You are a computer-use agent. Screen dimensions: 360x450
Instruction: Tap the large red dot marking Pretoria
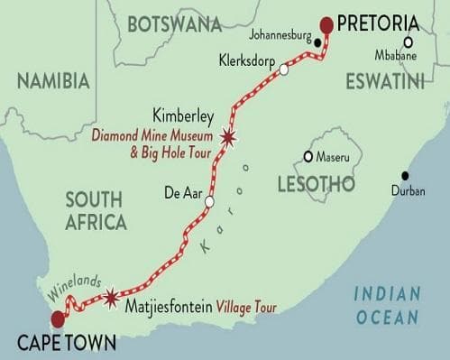327,24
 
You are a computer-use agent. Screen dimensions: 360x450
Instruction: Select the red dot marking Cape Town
59,318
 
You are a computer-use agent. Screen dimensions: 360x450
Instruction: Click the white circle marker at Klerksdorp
284,69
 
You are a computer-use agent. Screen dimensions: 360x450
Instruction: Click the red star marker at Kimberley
228,137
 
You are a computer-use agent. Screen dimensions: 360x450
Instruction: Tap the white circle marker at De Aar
209,202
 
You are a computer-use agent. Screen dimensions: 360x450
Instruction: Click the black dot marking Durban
405,175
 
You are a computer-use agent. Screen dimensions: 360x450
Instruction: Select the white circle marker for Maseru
308,156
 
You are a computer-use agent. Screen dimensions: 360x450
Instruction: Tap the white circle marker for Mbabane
409,42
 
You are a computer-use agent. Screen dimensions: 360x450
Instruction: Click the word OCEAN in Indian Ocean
386,317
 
